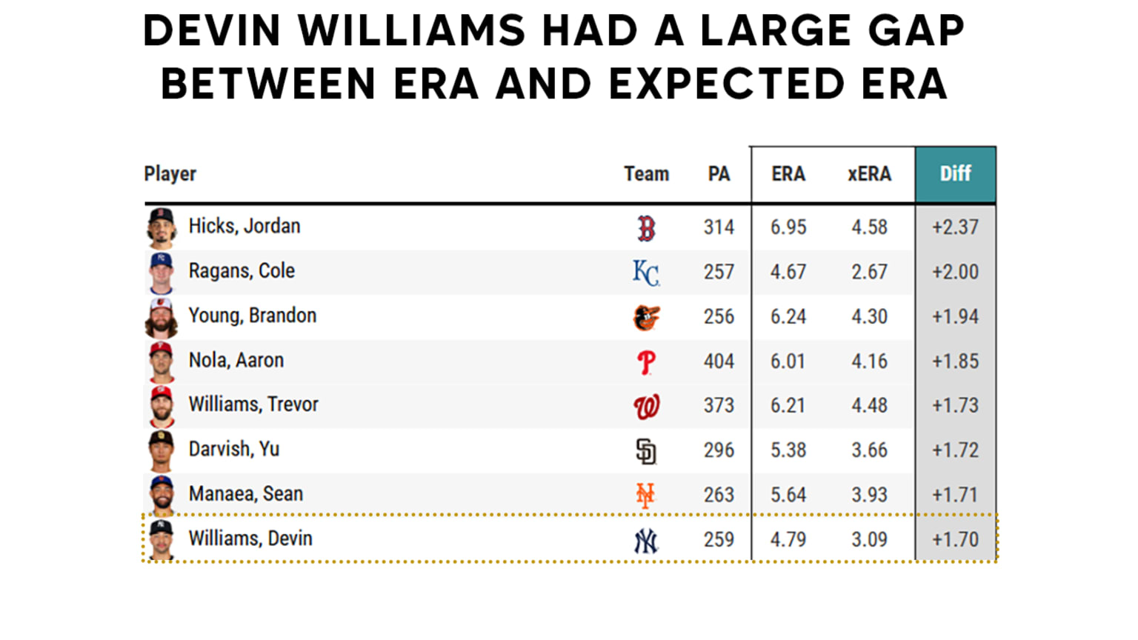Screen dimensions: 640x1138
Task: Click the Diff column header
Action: point(955,174)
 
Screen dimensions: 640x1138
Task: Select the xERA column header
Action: point(869,174)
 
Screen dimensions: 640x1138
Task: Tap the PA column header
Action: point(719,174)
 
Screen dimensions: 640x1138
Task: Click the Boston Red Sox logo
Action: point(646,228)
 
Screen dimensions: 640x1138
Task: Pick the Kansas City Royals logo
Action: point(646,273)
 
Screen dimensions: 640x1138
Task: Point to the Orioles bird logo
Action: point(646,317)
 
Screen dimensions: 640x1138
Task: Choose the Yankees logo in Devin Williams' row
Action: point(646,541)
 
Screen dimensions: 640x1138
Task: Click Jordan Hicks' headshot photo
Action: point(162,227)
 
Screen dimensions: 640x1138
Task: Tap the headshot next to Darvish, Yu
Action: point(162,450)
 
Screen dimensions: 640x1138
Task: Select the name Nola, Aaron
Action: point(236,361)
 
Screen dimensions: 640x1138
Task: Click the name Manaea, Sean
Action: point(245,494)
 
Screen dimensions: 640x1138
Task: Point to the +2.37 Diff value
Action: point(955,227)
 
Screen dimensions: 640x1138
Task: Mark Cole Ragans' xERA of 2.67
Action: point(869,272)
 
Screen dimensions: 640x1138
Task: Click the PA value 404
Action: point(719,361)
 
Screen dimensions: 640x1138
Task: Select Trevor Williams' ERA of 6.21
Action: point(788,406)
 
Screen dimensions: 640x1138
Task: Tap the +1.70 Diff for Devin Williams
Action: point(955,539)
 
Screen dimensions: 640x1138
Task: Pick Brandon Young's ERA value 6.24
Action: point(788,317)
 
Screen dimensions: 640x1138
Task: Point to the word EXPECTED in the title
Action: point(726,84)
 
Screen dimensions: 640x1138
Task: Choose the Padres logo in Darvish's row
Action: point(646,451)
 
